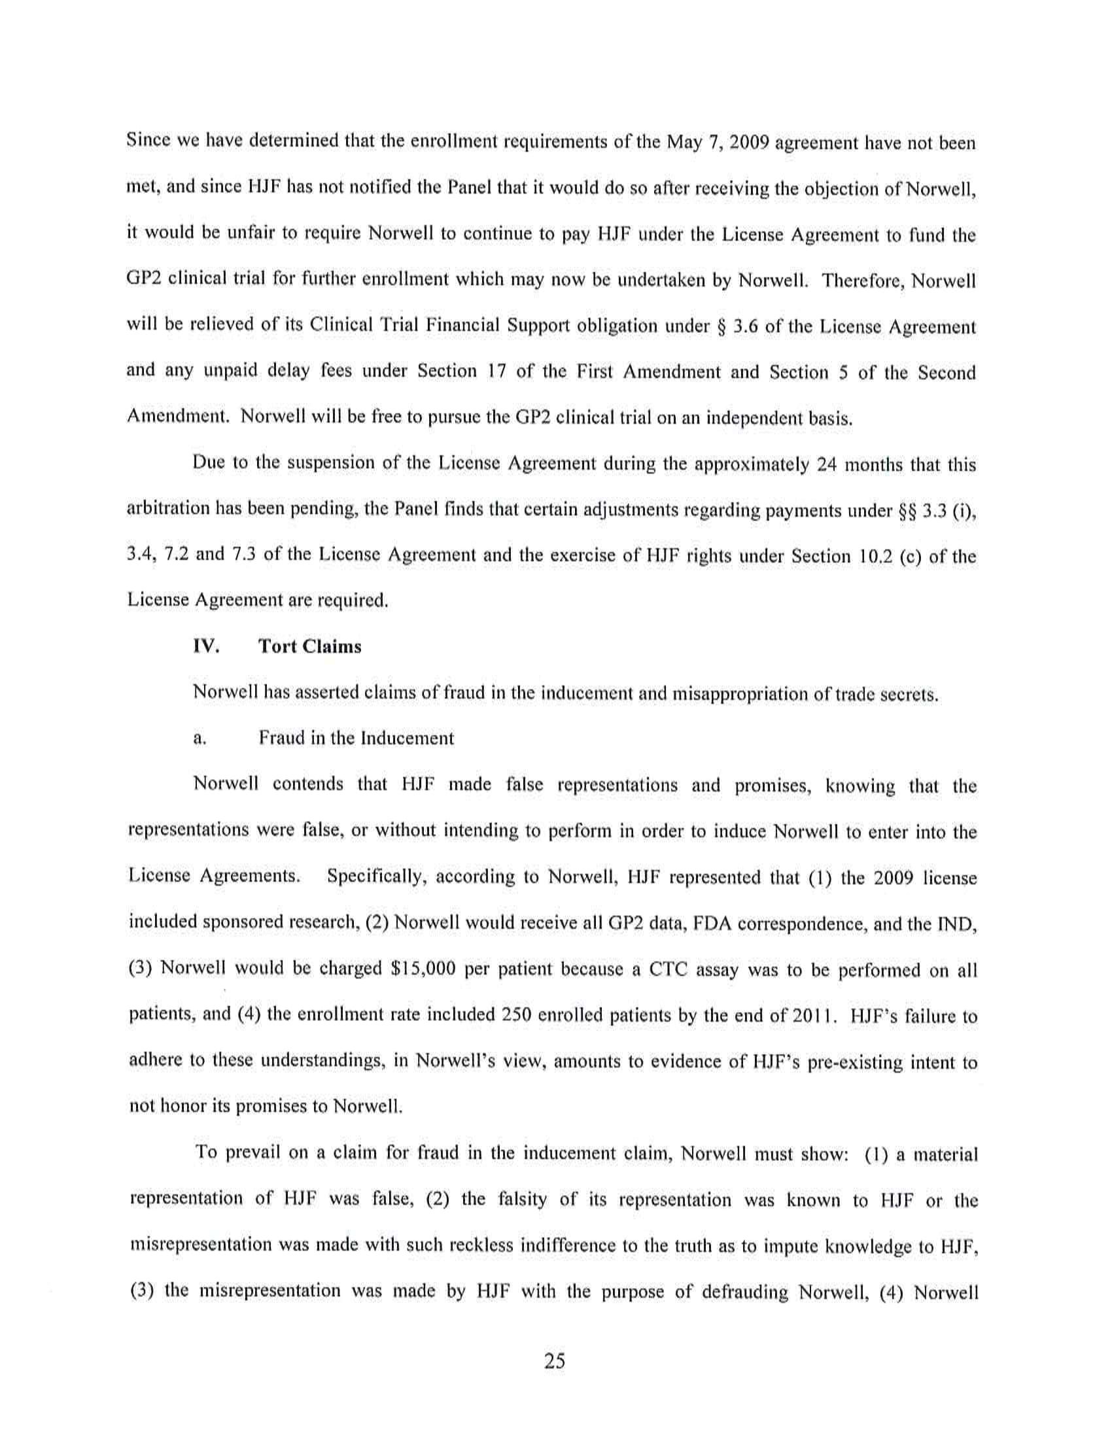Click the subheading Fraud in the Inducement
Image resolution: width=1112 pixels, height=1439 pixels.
[x=356, y=738]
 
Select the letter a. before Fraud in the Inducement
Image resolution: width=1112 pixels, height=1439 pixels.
[x=200, y=738]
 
